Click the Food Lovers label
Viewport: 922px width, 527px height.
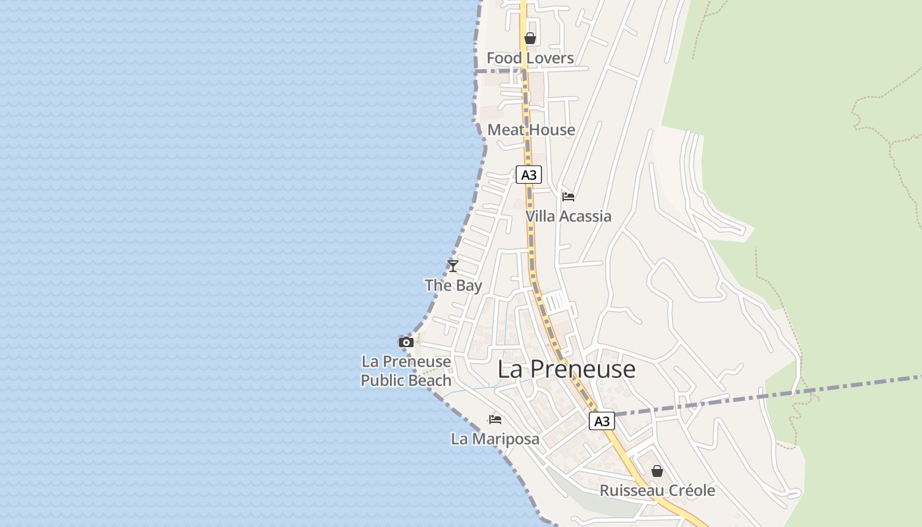pos(530,58)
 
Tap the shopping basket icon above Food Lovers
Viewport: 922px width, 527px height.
pos(530,39)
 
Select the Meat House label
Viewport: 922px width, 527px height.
pos(531,130)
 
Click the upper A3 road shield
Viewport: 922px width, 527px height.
pos(529,175)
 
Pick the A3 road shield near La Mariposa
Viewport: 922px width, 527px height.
pos(601,421)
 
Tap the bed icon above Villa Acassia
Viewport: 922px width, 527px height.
pos(568,196)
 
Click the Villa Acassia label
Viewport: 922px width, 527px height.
pos(568,216)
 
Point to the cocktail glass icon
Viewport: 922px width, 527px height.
pos(452,265)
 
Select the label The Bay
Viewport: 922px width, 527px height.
pos(453,285)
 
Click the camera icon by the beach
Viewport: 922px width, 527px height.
pos(406,342)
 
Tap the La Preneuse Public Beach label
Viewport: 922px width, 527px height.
pos(406,371)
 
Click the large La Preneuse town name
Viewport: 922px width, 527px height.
pos(566,369)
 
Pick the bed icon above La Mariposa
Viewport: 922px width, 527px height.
pos(495,419)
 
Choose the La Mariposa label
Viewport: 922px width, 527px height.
pos(495,439)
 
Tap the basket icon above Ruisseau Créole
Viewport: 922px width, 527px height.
pos(657,471)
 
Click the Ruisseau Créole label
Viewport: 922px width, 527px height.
pos(657,491)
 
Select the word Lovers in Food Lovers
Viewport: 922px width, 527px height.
pos(549,58)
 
